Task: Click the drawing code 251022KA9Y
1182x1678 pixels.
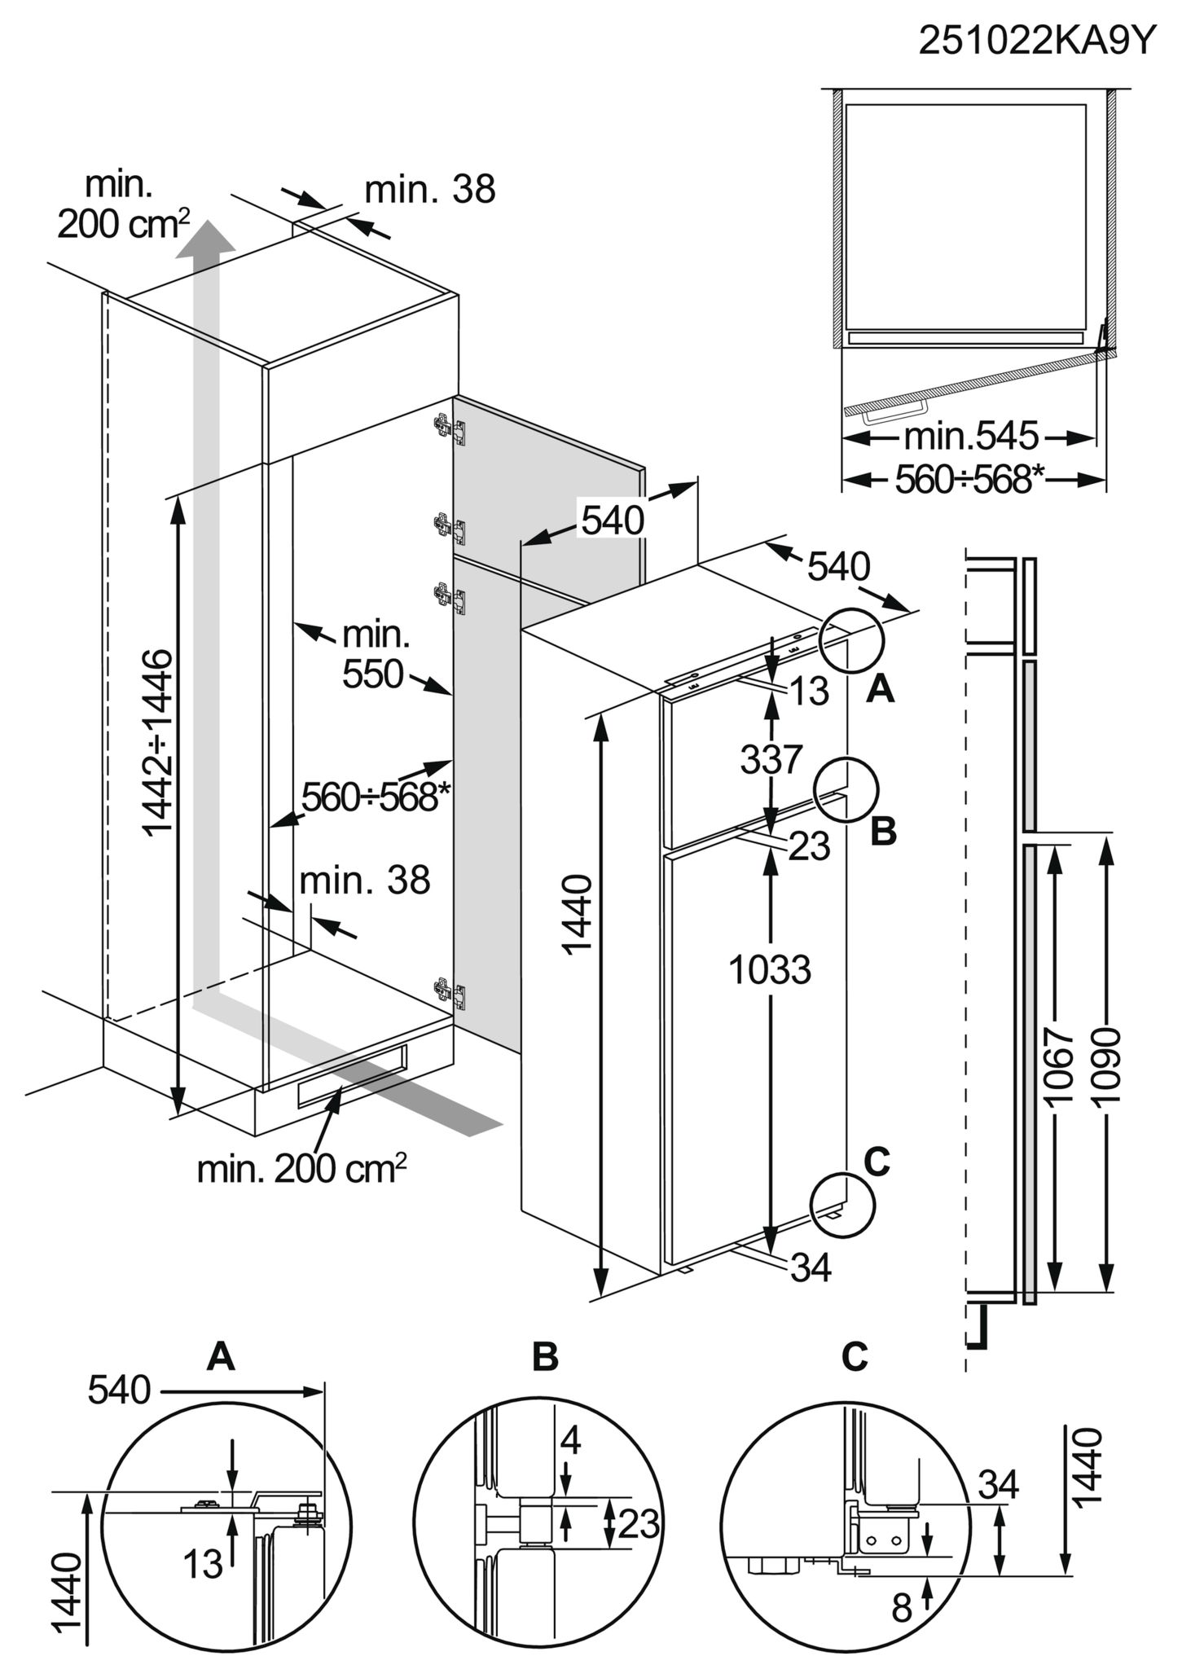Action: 1038,41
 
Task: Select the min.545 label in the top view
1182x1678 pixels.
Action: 972,437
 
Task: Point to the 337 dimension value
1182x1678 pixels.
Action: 771,760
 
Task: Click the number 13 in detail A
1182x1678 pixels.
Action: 203,1564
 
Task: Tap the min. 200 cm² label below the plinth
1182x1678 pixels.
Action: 301,1169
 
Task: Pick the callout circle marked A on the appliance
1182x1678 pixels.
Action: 852,641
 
